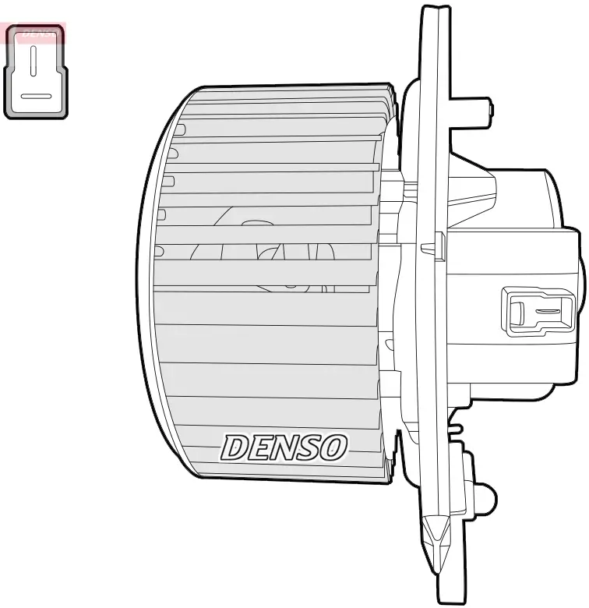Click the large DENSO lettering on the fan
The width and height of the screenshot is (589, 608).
(284, 447)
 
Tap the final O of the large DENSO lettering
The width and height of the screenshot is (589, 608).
(333, 447)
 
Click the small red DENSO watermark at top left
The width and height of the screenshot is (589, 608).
(35, 33)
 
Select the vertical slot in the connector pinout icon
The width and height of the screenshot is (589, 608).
(33, 61)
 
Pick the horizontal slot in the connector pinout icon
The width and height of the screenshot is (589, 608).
(36, 97)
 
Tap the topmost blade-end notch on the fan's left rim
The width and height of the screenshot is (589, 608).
(179, 129)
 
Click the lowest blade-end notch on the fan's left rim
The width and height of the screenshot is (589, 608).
(159, 251)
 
